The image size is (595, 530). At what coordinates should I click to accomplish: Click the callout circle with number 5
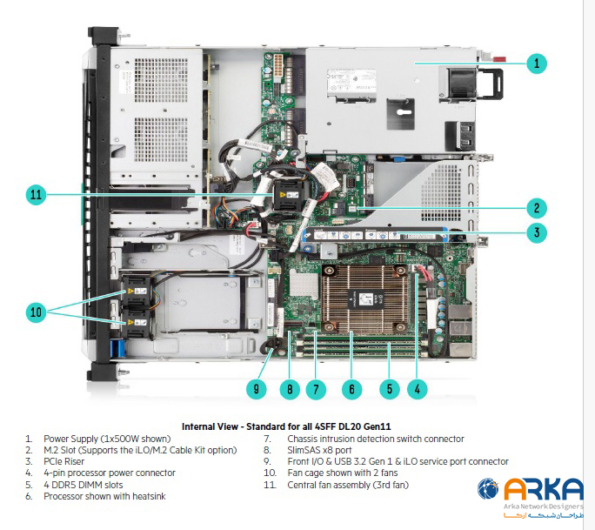(389, 389)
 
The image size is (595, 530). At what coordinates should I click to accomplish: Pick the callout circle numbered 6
(351, 389)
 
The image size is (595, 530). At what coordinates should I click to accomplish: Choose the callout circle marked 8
(290, 389)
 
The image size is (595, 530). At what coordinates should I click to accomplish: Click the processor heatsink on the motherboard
(351, 296)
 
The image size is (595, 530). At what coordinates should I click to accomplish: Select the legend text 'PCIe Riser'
(68, 461)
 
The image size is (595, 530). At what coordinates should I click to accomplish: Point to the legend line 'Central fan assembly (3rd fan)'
(347, 484)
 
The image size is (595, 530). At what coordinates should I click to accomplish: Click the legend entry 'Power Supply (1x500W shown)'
(106, 439)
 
